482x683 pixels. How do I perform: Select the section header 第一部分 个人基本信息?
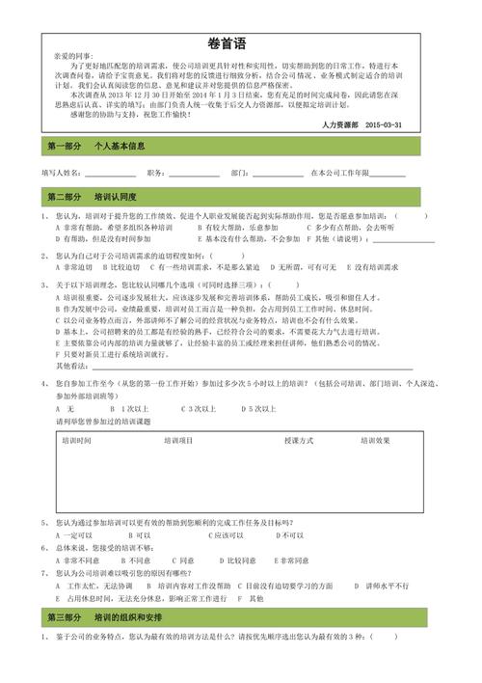97,147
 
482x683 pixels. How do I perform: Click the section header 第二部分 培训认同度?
97,197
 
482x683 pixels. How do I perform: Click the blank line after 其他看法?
231,368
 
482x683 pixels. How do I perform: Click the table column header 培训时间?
76,440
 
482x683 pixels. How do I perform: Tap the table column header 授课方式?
299,440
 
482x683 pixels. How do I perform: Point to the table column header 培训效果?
375,440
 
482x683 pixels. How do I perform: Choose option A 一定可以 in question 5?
73,534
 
